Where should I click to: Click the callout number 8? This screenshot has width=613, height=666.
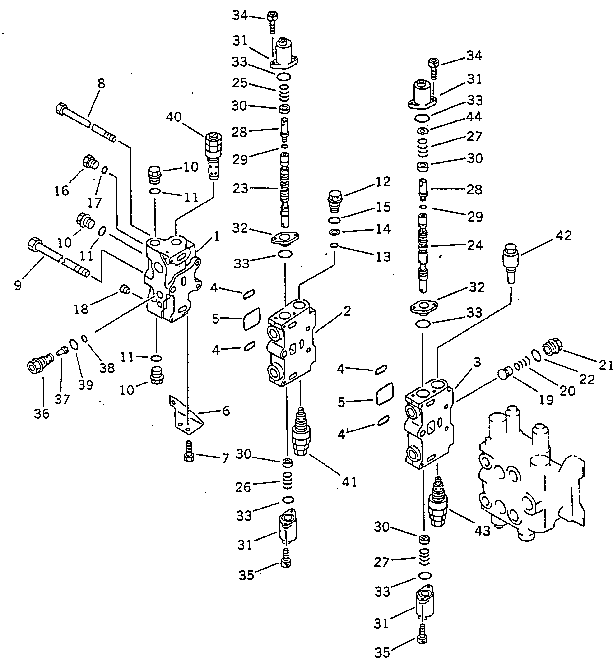pos(102,83)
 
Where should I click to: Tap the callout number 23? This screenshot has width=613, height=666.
pos(240,188)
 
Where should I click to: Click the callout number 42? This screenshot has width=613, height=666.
pos(564,236)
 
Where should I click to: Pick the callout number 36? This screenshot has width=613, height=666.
pos(42,414)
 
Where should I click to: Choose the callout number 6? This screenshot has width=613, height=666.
pos(226,411)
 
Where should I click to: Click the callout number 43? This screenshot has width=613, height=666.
pos(482,531)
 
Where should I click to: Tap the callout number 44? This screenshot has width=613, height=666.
pos(474,117)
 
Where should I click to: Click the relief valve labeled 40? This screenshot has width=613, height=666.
pos(213,156)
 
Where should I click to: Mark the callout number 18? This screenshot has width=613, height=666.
pos(81,309)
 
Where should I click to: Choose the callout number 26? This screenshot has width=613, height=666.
pos(243,487)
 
